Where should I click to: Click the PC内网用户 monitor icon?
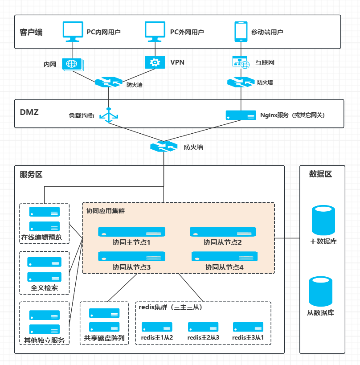point(72,30)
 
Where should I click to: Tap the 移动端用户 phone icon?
point(241,31)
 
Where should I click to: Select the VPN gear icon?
point(155,62)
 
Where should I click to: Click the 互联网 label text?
point(265,62)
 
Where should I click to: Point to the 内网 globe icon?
point(71,64)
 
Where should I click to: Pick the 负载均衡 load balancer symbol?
point(109,115)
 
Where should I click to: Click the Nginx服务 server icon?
point(241,115)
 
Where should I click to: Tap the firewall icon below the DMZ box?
point(164,147)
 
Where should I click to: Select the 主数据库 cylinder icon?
point(323,220)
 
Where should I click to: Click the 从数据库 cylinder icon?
point(322,291)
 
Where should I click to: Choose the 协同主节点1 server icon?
point(132,232)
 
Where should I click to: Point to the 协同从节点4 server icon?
point(224,256)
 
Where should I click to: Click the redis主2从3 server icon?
point(203,327)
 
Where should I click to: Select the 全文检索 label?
point(44,287)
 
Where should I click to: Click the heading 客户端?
point(31,32)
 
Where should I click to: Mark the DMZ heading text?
point(29,112)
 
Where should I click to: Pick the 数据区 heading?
point(320,174)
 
